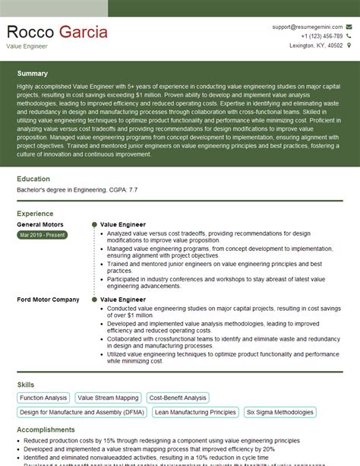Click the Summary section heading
[x=32, y=74]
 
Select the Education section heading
[x=33, y=179]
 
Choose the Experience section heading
[x=35, y=214]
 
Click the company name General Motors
[x=40, y=225]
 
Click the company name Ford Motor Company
[x=48, y=300]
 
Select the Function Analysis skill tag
[x=43, y=398]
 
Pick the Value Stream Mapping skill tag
[x=108, y=398]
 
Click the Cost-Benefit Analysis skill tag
[x=178, y=398]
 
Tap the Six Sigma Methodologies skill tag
[x=279, y=412]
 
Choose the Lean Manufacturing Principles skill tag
[x=195, y=412]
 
